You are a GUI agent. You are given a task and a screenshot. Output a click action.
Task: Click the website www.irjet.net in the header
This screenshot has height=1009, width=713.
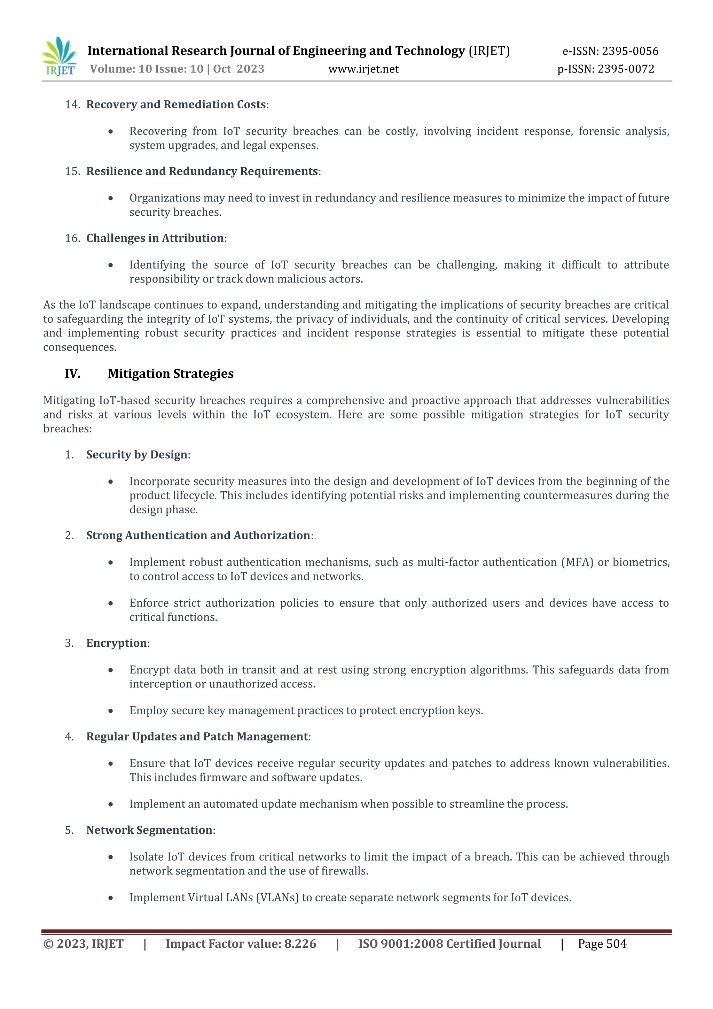[363, 69]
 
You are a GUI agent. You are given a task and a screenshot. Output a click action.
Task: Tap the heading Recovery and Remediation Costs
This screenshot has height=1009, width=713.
[176, 105]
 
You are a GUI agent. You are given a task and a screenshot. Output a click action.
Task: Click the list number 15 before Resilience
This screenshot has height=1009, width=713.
[72, 171]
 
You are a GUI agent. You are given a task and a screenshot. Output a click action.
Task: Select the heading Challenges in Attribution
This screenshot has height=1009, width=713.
[155, 238]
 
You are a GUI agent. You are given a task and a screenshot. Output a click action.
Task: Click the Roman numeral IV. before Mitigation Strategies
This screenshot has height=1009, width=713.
[73, 373]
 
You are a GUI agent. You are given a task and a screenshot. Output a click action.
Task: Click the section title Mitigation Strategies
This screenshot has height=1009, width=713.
[171, 373]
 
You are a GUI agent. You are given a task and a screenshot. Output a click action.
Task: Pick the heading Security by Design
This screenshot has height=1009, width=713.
[136, 454]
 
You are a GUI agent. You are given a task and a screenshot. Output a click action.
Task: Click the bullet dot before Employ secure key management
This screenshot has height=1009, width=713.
[111, 711]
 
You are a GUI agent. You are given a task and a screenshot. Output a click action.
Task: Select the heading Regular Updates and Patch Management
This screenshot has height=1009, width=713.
[197, 737]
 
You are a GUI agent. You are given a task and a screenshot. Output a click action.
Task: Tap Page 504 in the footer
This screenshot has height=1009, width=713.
[602, 943]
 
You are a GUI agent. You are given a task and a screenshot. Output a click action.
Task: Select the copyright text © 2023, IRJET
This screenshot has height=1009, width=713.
[84, 943]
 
